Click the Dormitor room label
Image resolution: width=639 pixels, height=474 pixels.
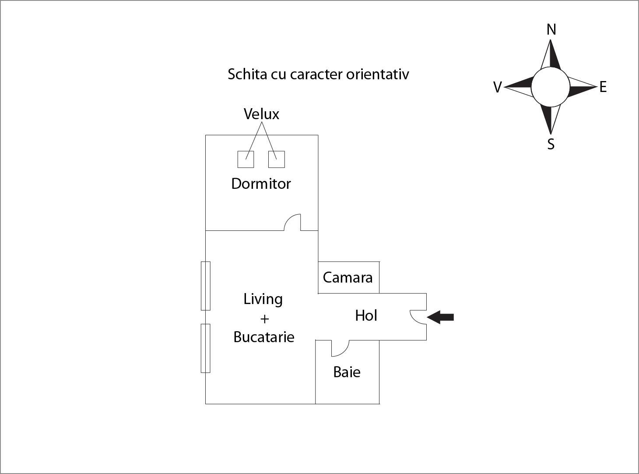click(x=261, y=184)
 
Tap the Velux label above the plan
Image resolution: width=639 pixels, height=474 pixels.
click(x=261, y=114)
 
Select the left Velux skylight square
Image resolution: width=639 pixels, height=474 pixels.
click(x=246, y=159)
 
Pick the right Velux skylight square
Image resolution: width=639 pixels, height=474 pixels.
click(x=276, y=159)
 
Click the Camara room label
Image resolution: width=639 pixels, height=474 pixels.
click(x=348, y=277)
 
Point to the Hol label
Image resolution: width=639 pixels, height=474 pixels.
click(x=366, y=315)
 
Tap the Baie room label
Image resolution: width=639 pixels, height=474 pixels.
click(x=347, y=372)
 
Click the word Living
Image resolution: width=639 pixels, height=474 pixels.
click(x=263, y=299)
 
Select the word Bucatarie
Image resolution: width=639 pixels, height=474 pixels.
click(x=263, y=337)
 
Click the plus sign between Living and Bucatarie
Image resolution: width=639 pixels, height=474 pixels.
click(x=264, y=318)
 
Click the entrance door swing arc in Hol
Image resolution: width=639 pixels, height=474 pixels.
click(x=417, y=317)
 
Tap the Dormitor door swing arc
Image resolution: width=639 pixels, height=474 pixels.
click(x=292, y=222)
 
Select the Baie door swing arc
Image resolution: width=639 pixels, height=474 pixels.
click(x=340, y=348)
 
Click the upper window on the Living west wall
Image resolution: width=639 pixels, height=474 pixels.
click(x=205, y=286)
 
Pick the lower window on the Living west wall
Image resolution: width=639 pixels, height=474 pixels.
click(x=205, y=348)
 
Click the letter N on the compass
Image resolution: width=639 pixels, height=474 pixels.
click(x=551, y=30)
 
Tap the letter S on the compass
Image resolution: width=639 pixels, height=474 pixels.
click(x=551, y=144)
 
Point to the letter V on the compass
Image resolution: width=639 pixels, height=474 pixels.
click(x=497, y=88)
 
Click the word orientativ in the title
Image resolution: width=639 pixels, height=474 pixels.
click(x=377, y=74)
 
